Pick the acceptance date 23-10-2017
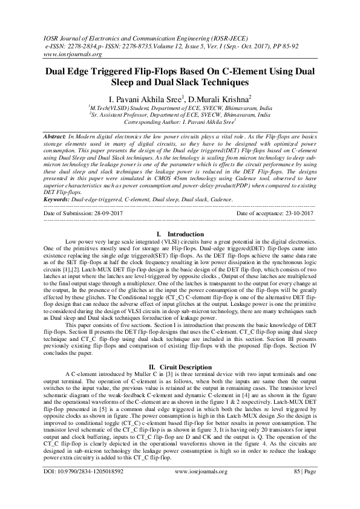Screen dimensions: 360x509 coord(294,214)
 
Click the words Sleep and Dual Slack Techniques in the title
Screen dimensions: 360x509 coord(180,82)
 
